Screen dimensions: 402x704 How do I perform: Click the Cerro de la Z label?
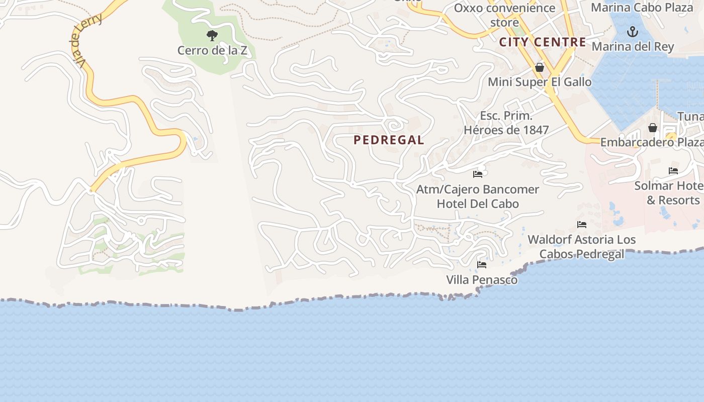tap(212, 50)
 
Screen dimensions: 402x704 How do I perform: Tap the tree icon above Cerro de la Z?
tap(212, 36)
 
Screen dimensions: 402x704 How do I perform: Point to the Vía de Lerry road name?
tap(87, 40)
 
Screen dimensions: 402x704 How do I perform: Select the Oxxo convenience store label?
tap(504, 15)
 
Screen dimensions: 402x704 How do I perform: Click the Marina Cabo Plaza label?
tap(642, 8)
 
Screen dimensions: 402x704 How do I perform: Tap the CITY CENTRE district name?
tap(543, 42)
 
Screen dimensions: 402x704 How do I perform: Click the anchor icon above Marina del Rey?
tap(632, 33)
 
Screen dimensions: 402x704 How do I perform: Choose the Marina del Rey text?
tap(632, 47)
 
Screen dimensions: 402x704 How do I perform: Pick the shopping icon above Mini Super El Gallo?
tap(540, 67)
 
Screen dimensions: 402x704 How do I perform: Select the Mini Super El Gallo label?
tap(540, 81)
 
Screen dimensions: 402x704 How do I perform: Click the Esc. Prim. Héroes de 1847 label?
tap(506, 123)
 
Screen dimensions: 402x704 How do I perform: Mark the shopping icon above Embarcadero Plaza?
tap(652, 128)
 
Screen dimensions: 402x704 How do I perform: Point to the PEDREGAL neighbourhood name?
tap(389, 140)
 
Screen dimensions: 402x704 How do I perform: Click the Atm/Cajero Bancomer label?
tap(478, 189)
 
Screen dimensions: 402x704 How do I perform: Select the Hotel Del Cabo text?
tap(478, 204)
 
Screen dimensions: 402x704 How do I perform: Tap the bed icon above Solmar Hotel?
tap(673, 171)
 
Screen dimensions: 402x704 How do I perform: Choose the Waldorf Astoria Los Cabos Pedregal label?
tap(582, 247)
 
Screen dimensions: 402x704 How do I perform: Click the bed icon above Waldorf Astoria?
tap(582, 225)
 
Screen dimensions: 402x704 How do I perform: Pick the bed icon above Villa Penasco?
tap(482, 265)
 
